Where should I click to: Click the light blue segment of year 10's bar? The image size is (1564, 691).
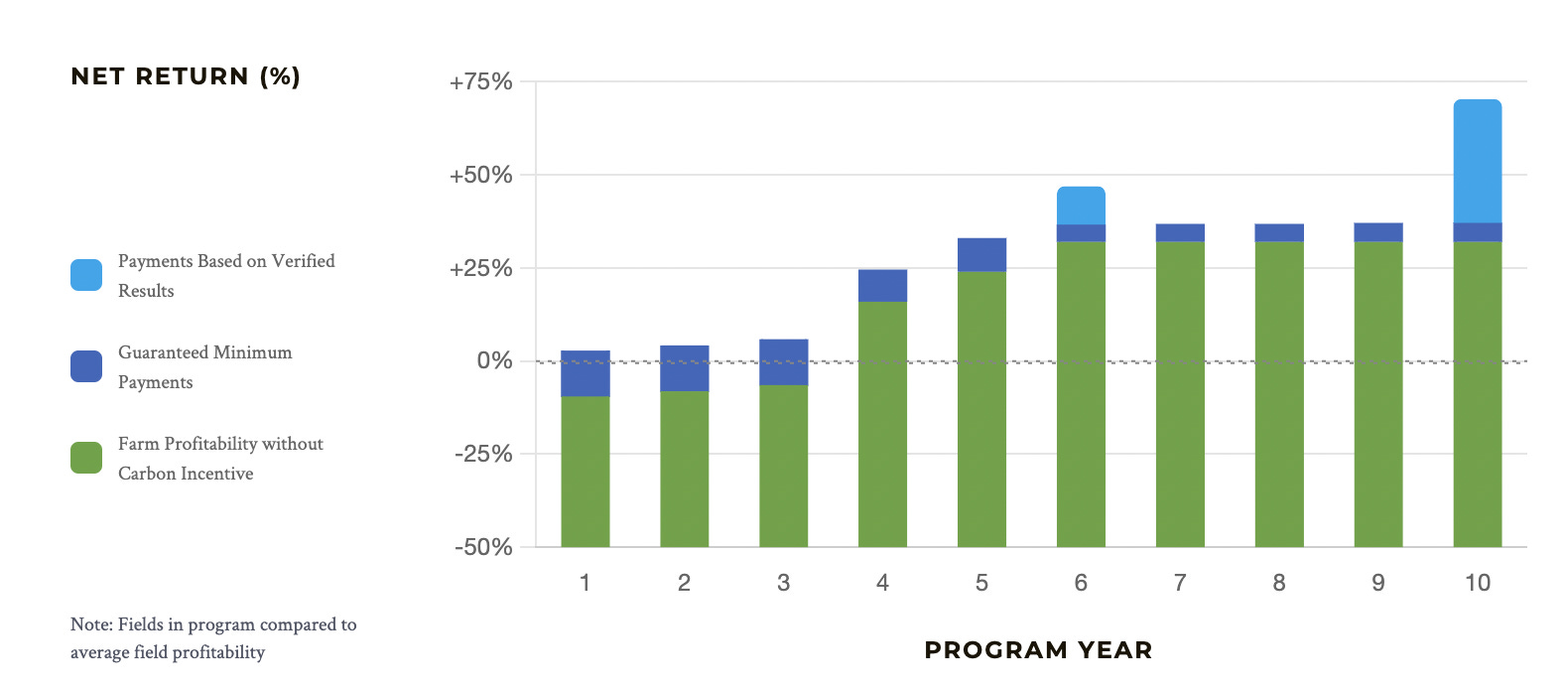pyautogui.click(x=1477, y=161)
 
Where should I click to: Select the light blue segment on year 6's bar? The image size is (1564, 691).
pyautogui.click(x=1081, y=206)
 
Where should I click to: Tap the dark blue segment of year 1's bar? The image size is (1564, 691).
pyautogui.click(x=585, y=373)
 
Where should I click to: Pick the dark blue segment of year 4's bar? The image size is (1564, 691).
pyautogui.click(x=882, y=285)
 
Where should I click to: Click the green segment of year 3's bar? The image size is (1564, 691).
pyautogui.click(x=783, y=466)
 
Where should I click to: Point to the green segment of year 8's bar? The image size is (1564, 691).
pyautogui.click(x=1278, y=394)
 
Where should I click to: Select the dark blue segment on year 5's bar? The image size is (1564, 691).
pyautogui.click(x=981, y=254)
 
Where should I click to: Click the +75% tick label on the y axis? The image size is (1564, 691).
pyautogui.click(x=481, y=82)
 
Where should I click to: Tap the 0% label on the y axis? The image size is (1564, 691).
pyautogui.click(x=494, y=361)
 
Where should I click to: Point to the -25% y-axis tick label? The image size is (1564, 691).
pyautogui.click(x=483, y=455)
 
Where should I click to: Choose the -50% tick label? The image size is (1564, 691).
pyautogui.click(x=483, y=548)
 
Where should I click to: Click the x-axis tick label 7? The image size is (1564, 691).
pyautogui.click(x=1180, y=584)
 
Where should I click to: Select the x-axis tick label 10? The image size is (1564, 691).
pyautogui.click(x=1477, y=584)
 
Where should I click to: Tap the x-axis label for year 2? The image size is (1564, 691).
pyautogui.click(x=684, y=584)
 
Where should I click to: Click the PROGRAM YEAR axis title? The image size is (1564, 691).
pyautogui.click(x=1038, y=650)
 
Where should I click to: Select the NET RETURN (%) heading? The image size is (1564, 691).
pyautogui.click(x=186, y=76)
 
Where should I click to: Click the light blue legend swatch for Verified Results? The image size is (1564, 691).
pyautogui.click(x=86, y=275)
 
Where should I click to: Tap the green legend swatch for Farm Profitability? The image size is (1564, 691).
pyautogui.click(x=86, y=458)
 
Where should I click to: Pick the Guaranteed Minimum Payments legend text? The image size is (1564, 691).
pyautogui.click(x=204, y=366)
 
